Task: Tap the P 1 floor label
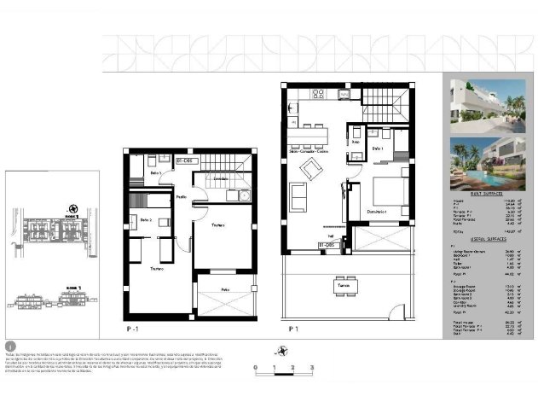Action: tap(293, 327)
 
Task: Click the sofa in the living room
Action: tap(299, 197)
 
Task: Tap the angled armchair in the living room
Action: tap(312, 168)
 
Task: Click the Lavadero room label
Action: tap(220, 178)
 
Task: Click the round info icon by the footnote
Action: tap(10, 346)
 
